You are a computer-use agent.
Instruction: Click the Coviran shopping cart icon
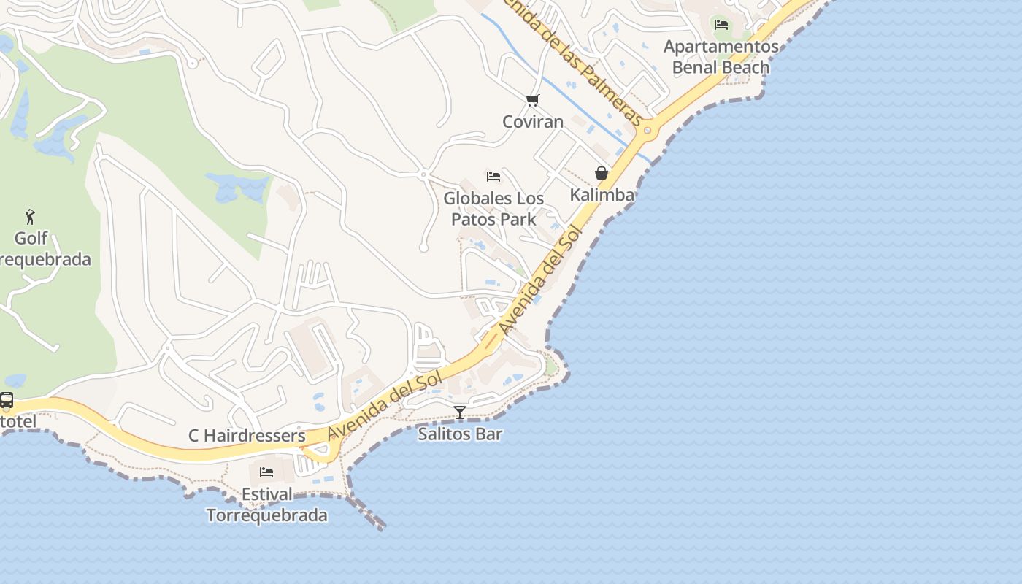533,100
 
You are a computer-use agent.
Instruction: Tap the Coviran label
533,121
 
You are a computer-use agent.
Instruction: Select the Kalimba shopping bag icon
602,173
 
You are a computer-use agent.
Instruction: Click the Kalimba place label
602,195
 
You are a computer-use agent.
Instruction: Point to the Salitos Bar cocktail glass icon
460,412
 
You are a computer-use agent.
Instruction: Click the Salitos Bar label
460,434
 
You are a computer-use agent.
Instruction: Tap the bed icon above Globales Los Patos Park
493,177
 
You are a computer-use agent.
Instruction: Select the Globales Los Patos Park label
493,209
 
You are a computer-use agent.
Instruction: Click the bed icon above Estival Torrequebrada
266,472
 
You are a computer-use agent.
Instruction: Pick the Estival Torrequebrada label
266,504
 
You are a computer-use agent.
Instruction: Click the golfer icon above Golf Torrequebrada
30,217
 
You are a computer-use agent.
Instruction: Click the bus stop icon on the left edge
7,400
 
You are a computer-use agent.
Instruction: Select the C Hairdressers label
247,436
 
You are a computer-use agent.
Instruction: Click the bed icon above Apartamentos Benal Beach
721,25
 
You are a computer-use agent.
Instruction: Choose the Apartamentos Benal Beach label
721,57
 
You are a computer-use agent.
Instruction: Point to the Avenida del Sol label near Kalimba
542,281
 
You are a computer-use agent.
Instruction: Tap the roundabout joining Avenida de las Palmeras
648,131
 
